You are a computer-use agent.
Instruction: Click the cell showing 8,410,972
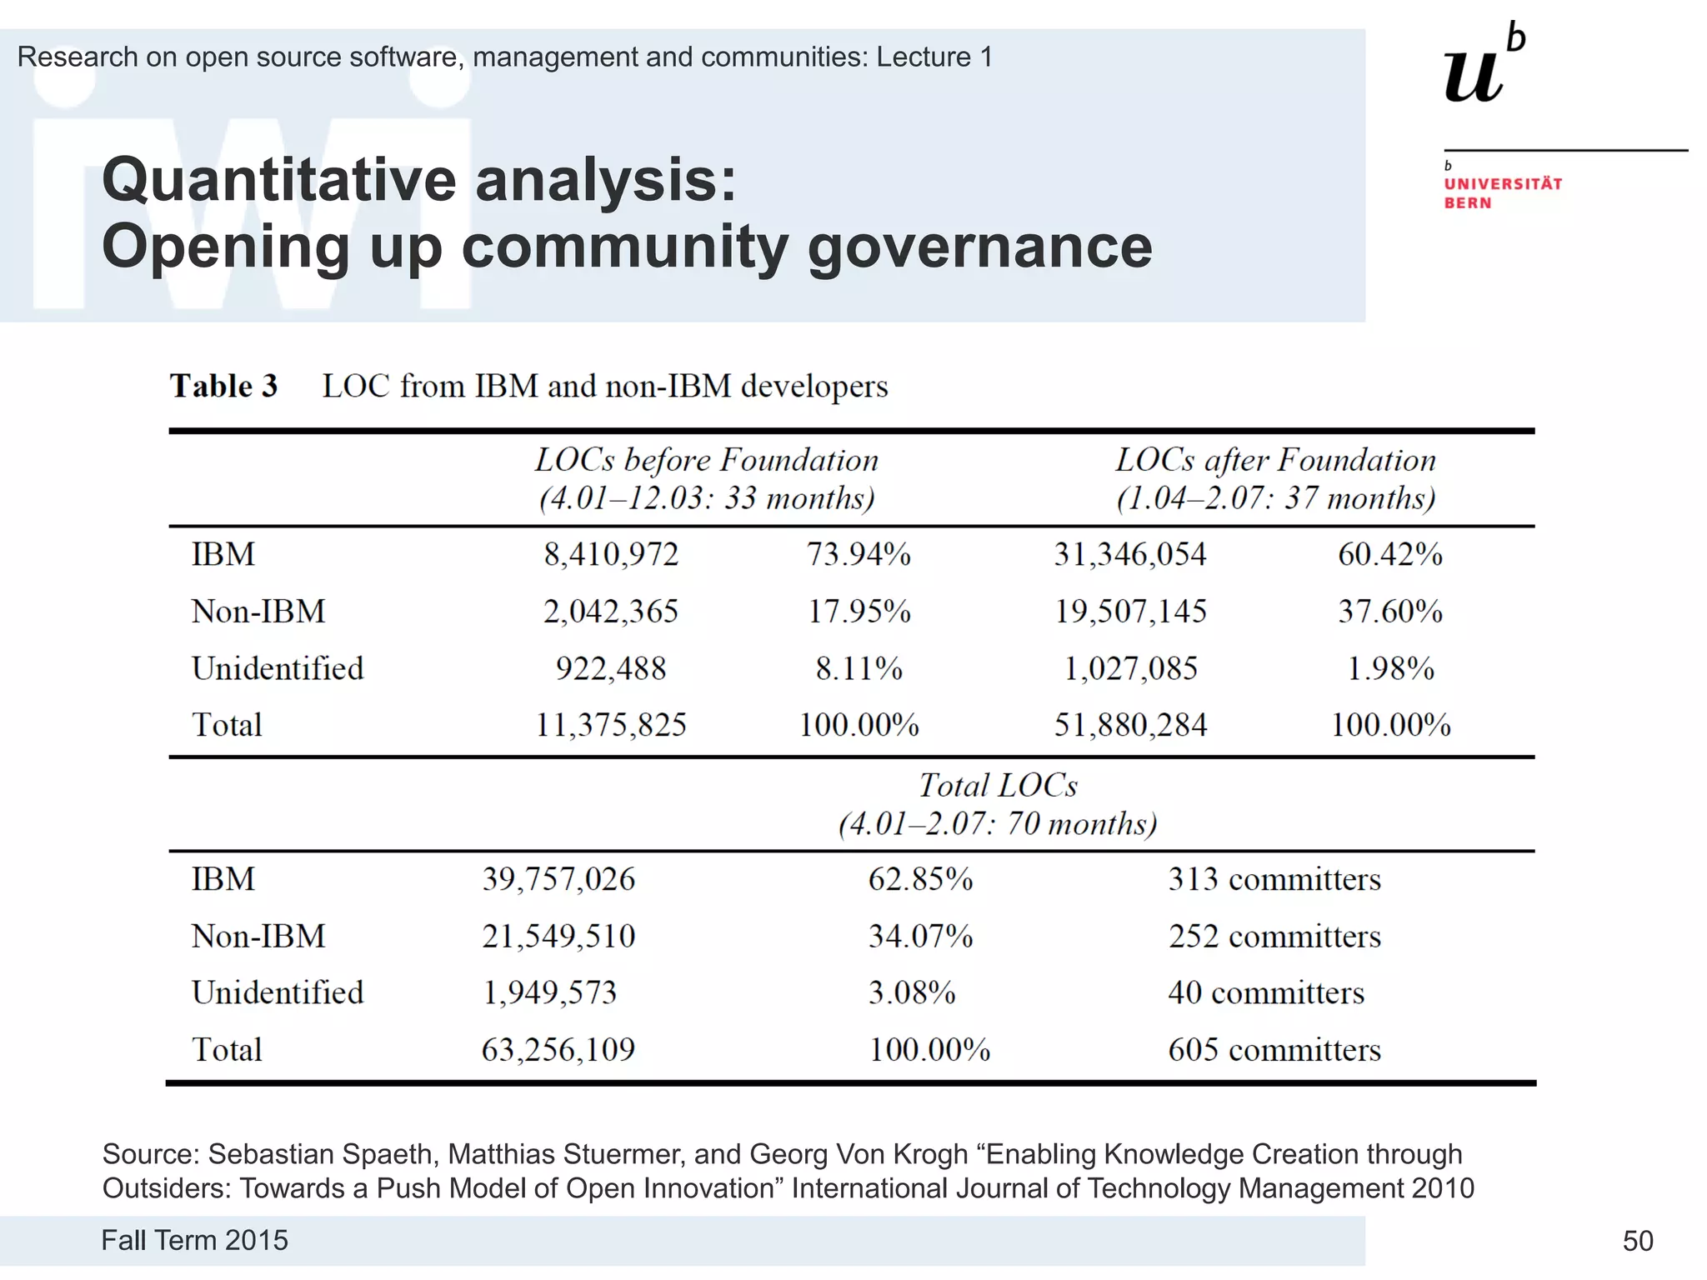tap(611, 554)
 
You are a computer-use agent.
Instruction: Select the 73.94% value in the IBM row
tap(859, 554)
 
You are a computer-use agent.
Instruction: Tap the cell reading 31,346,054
tap(1129, 554)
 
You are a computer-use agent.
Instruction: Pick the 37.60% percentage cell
tap(1390, 612)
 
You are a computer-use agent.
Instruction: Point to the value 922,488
tap(611, 668)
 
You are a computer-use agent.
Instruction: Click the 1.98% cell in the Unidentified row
tap(1390, 668)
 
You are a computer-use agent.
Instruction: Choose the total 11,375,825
tap(610, 725)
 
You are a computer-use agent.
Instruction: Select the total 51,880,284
tap(1130, 725)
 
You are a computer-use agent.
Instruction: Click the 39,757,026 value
tap(558, 879)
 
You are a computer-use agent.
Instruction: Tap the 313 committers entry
tap(1274, 879)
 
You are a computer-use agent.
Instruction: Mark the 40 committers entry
tap(1266, 992)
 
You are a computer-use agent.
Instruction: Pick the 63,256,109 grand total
tap(558, 1050)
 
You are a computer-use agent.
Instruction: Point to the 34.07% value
tap(920, 937)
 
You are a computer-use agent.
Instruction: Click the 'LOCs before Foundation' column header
tap(707, 460)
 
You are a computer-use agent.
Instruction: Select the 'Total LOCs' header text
tap(998, 786)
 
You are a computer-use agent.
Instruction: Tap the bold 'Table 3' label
tap(223, 387)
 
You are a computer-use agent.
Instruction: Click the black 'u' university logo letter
tap(1474, 77)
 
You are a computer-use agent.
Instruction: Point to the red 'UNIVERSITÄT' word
tap(1503, 184)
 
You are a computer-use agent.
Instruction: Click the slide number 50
tap(1638, 1241)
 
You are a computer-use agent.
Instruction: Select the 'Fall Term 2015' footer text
tap(194, 1240)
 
